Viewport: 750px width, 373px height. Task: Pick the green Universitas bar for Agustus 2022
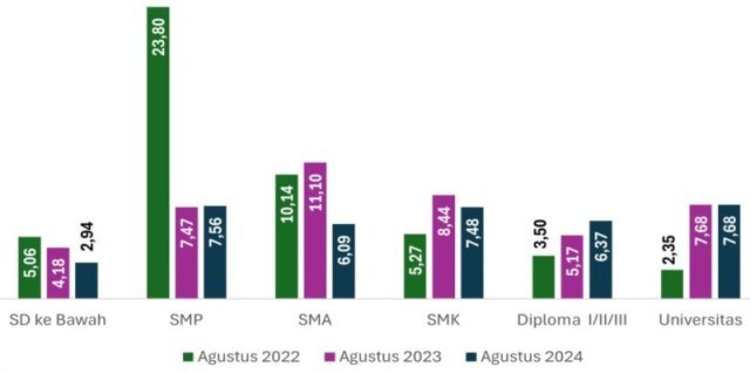[x=672, y=284]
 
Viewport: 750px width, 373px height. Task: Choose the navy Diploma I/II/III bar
[x=601, y=259]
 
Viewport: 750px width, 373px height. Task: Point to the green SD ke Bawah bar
[x=29, y=267]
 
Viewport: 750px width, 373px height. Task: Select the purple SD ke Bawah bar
[x=58, y=273]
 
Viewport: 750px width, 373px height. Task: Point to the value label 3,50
[x=543, y=235]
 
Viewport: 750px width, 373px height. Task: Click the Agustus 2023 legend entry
[x=383, y=357]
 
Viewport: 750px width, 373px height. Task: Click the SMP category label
[x=186, y=320]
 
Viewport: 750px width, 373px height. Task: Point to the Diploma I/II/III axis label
[x=572, y=320]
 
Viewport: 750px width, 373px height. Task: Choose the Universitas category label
[x=701, y=320]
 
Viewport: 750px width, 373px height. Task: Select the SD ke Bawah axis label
[x=57, y=320]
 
